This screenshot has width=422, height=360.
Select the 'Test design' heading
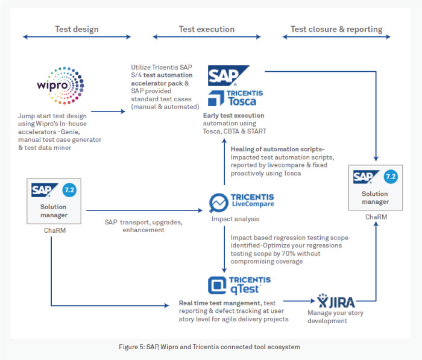(x=77, y=29)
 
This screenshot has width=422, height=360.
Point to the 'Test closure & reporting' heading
(x=336, y=29)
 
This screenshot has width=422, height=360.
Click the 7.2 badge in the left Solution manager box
(x=69, y=191)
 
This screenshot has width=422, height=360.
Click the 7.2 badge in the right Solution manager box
(x=390, y=176)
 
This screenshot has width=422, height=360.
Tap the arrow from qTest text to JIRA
(x=298, y=299)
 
